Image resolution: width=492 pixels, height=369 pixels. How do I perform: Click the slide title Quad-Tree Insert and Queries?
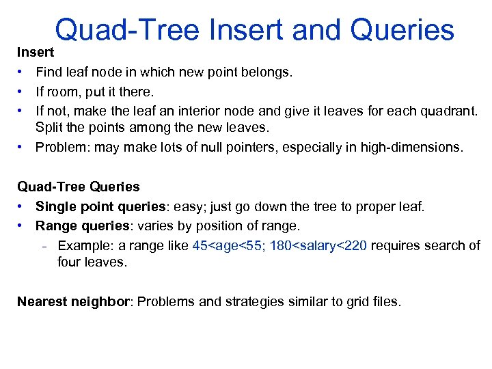click(254, 30)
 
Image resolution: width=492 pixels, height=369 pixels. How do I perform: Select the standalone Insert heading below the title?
click(35, 52)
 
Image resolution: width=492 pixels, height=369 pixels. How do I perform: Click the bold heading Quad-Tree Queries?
click(78, 187)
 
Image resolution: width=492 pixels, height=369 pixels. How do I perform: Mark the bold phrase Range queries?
click(81, 225)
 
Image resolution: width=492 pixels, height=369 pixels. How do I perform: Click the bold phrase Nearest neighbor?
click(73, 301)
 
